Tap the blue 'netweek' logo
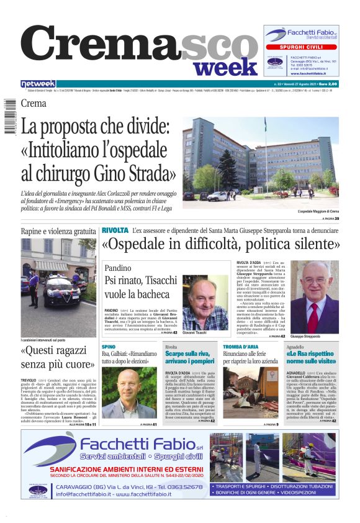(38, 84)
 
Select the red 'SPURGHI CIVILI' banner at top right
(302, 47)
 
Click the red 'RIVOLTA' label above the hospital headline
(115, 230)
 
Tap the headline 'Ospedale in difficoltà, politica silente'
(220, 243)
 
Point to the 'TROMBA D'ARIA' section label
(240, 346)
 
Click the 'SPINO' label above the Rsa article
(109, 346)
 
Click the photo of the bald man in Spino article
(128, 394)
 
